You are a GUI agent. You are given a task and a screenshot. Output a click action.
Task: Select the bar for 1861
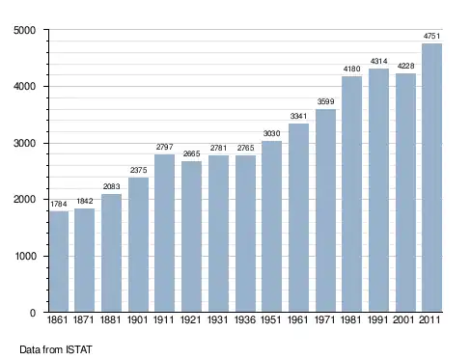[59, 262]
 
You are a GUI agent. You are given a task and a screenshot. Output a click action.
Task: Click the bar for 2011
[431, 178]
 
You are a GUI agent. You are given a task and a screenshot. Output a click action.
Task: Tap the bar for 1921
[191, 236]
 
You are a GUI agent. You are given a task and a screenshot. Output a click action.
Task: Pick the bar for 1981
[352, 194]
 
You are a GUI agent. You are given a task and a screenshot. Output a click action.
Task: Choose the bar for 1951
[271, 226]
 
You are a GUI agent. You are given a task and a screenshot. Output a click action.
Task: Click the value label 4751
[431, 36]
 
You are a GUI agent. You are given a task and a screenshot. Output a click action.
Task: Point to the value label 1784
[59, 204]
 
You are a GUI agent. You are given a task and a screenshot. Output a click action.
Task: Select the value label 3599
[325, 101]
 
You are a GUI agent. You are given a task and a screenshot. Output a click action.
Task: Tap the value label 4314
[378, 61]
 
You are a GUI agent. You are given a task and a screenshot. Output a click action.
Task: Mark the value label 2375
[138, 170]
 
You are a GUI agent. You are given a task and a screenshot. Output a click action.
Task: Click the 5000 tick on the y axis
[25, 30]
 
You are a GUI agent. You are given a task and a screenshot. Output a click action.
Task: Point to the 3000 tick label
[25, 143]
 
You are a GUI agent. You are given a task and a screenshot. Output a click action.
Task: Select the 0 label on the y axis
[33, 313]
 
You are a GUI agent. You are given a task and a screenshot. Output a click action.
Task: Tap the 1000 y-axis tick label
[25, 257]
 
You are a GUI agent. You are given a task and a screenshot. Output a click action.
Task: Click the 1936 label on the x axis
[245, 319]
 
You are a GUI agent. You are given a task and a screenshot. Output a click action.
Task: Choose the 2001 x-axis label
[403, 319]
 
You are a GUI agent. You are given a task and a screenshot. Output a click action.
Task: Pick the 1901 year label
[137, 319]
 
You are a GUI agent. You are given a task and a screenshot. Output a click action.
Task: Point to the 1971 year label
[325, 319]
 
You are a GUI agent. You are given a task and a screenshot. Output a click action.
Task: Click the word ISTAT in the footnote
[79, 349]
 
